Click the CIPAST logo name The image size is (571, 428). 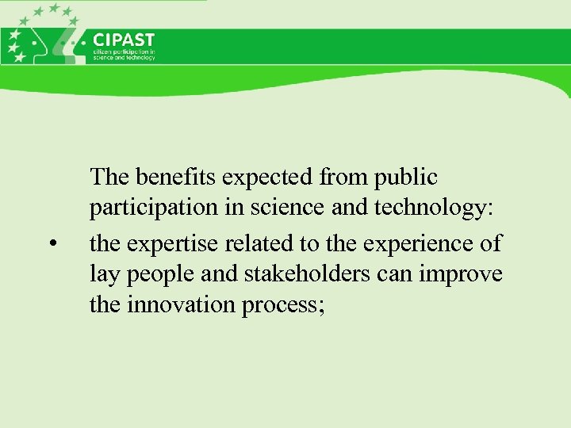125,40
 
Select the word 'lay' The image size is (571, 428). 103,274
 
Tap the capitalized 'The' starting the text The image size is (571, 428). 108,176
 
